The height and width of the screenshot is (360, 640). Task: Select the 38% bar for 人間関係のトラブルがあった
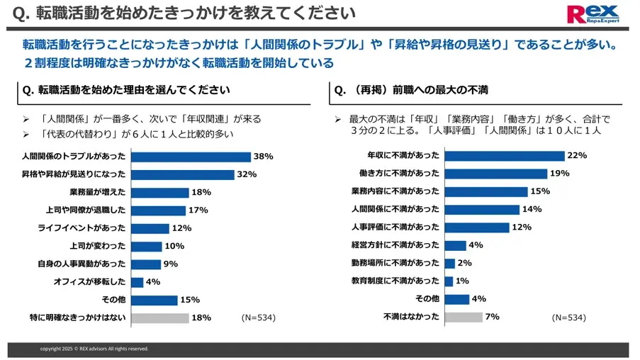[x=191, y=157]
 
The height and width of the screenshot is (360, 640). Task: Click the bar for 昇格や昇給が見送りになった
[x=182, y=174]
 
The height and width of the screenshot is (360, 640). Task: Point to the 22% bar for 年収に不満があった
[x=504, y=156]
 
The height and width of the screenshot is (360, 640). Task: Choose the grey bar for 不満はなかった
[x=464, y=317]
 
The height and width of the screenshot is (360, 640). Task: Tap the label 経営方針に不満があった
[x=395, y=245]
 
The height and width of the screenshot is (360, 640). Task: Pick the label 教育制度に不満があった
[x=395, y=281]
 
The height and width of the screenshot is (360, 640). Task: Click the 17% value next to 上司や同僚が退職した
[x=198, y=210]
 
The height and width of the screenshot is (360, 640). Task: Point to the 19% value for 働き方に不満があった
[x=561, y=174]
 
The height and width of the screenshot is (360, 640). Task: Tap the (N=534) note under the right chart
[x=568, y=317]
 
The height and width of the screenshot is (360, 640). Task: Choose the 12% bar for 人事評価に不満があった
[x=477, y=227]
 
